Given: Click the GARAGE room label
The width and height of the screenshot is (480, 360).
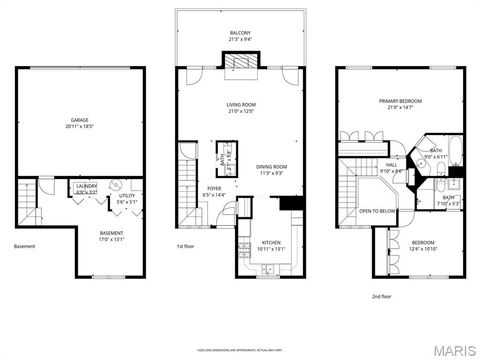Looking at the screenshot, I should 79,120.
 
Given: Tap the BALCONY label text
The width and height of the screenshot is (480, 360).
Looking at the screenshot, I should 240,33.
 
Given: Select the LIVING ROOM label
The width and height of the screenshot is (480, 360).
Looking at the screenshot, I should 240,103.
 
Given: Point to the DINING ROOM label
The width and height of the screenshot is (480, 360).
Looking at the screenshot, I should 272,167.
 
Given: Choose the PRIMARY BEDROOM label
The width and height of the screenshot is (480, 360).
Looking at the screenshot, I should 400,101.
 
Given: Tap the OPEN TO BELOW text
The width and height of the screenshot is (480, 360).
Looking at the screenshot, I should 378,211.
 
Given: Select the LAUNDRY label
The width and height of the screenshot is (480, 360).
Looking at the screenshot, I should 86,185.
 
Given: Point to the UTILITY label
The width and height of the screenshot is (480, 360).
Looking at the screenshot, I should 125,196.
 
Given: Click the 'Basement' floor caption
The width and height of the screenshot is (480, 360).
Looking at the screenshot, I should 24,247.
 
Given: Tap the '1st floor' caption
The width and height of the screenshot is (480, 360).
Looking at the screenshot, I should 185,247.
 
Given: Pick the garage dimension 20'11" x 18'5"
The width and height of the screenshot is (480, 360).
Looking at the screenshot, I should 79,127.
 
